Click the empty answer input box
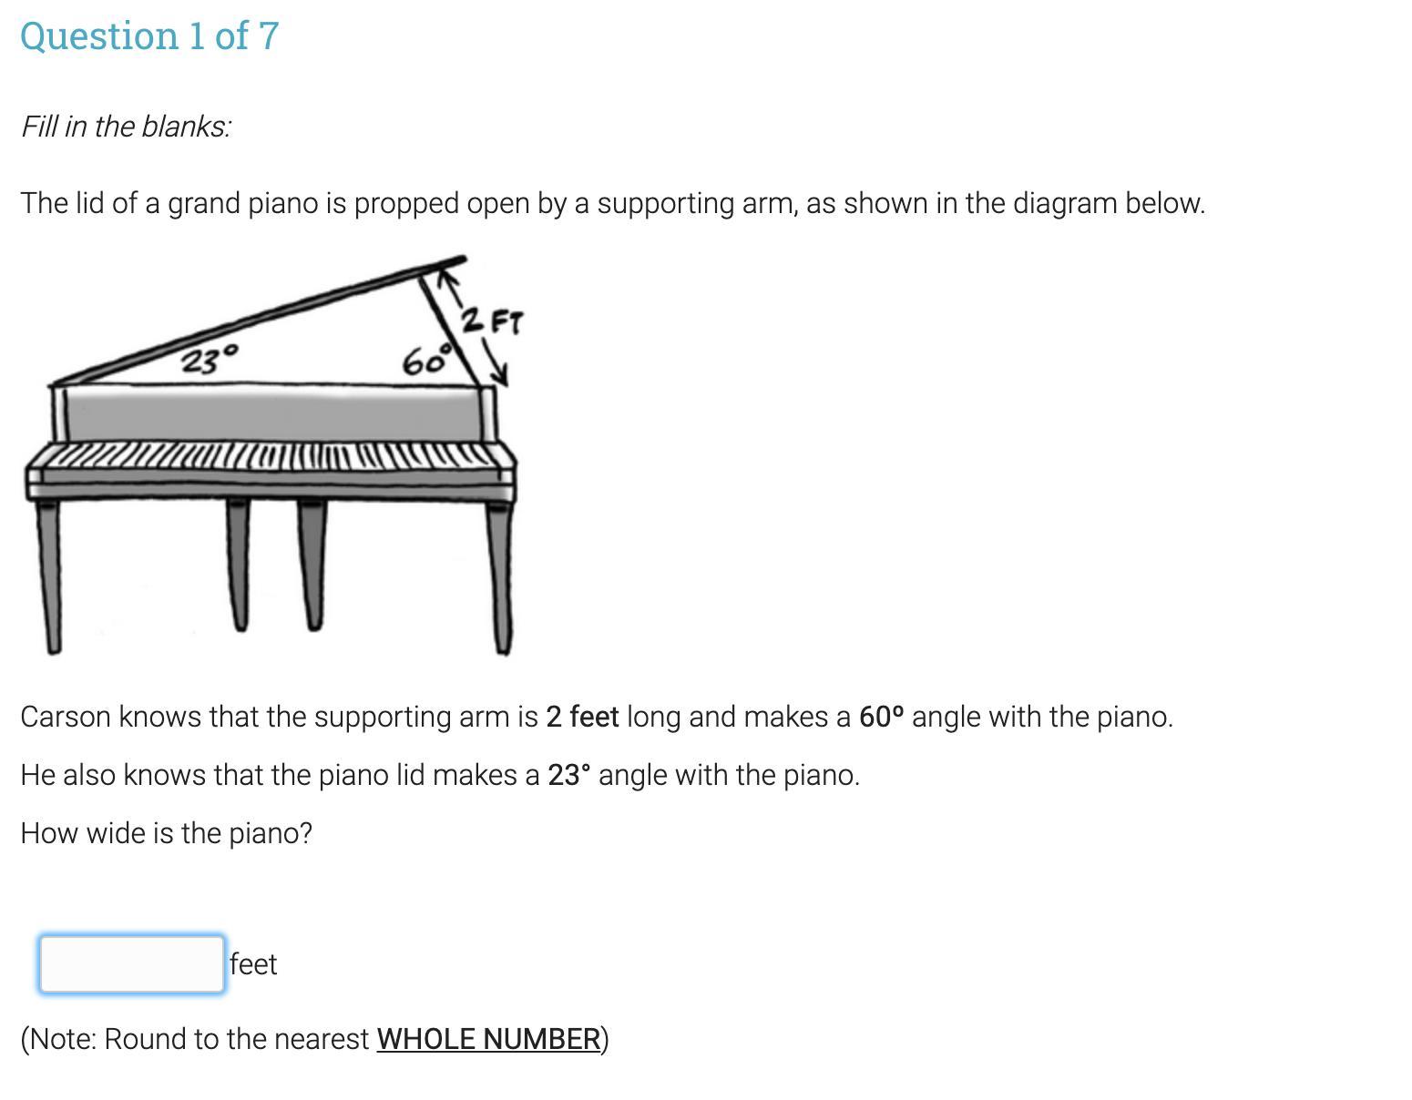[132, 963]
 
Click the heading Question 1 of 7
[149, 36]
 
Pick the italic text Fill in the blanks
[126, 127]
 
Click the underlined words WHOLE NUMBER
[488, 1039]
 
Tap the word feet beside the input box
[253, 964]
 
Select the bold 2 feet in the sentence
[582, 717]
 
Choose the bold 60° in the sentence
[881, 717]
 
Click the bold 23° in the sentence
[569, 775]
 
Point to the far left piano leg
[49, 576]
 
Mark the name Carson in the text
[65, 717]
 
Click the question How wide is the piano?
[167, 833]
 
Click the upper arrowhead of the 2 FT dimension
[447, 280]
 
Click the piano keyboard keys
[270, 455]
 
